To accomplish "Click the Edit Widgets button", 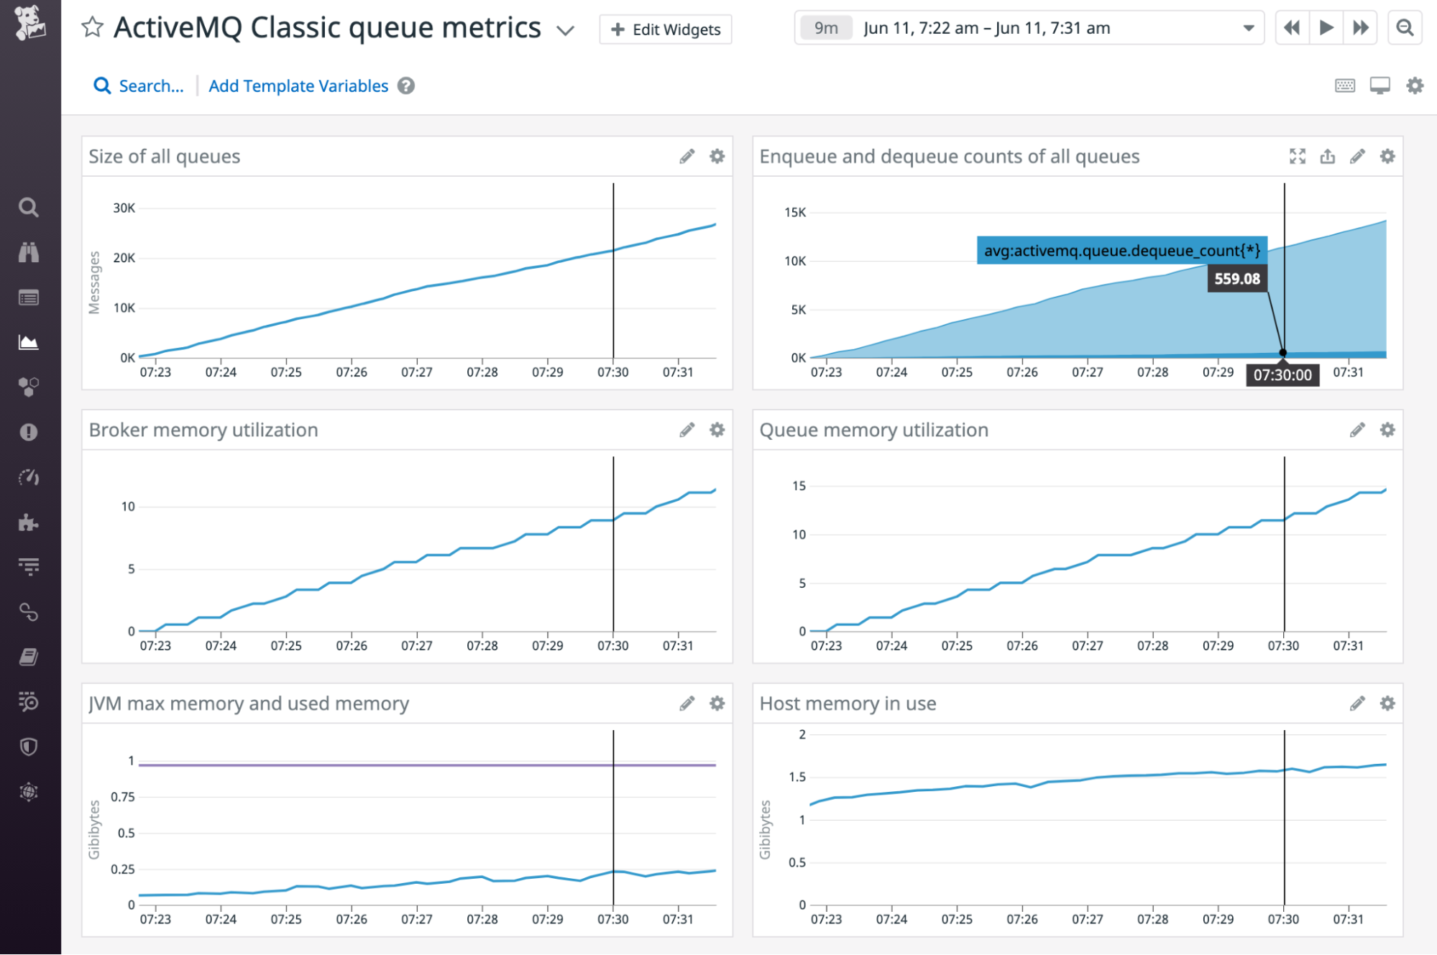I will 665,29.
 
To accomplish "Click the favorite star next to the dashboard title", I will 92,28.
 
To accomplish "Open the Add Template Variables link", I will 298,86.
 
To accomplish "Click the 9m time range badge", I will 825,28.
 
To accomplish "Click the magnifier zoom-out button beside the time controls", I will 1404,28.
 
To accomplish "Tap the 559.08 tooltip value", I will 1236,279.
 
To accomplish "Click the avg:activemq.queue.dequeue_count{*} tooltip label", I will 1121,251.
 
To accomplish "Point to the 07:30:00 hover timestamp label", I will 1282,375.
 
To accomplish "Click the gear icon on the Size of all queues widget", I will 717,157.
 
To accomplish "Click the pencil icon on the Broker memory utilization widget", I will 687,430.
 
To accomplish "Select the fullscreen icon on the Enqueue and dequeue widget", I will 1297,157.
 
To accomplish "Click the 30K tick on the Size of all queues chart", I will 124,208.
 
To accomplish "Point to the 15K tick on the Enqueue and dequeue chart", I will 795,213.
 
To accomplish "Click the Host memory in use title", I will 848,703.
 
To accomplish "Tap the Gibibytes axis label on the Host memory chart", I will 765,830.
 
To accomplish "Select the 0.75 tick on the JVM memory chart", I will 123,797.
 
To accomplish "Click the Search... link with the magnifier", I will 139,86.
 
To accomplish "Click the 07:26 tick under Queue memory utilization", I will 1021,646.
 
